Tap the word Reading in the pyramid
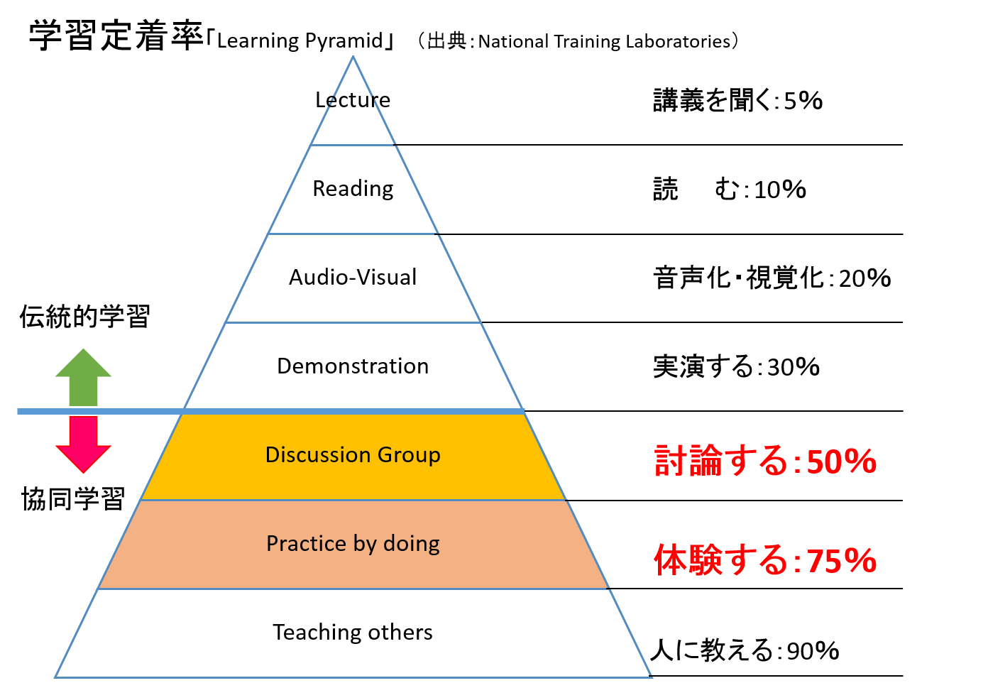coord(353,189)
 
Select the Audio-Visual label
coord(353,278)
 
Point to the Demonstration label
coord(353,366)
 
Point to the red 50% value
coord(842,462)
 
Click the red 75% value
coord(842,562)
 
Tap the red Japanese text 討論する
coord(720,461)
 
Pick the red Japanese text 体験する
coord(720,561)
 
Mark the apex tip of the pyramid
coord(353,58)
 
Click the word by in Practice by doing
coord(364,544)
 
